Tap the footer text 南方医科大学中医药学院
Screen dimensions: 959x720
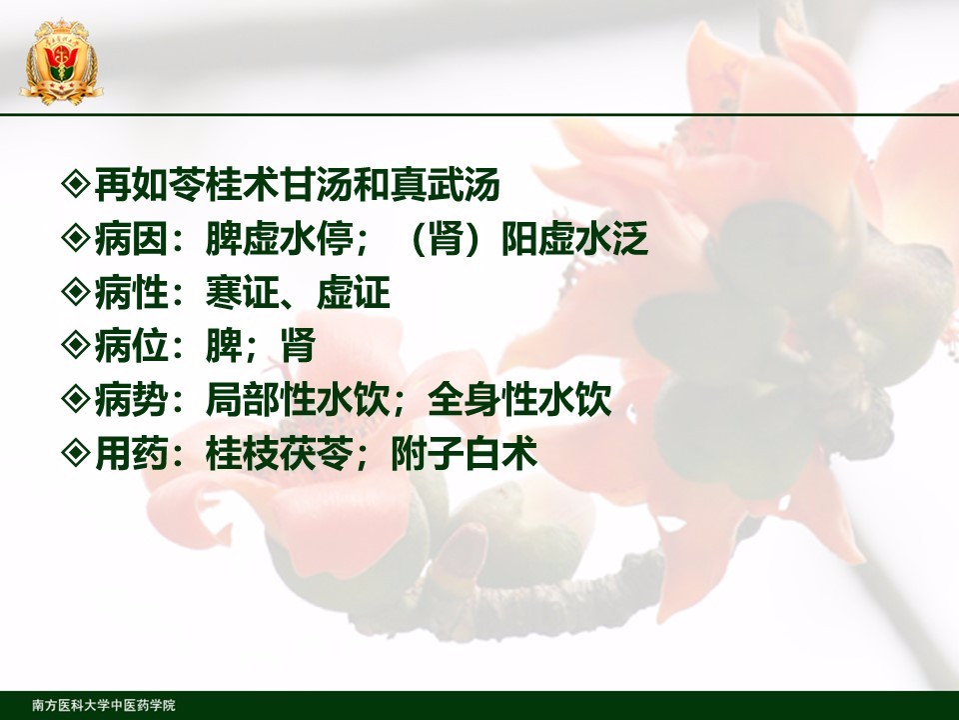(x=104, y=705)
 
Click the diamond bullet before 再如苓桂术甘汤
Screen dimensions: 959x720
(x=77, y=183)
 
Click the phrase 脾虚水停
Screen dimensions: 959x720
(x=279, y=238)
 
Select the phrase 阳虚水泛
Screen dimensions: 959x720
(x=575, y=238)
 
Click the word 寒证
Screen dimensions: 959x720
(x=242, y=291)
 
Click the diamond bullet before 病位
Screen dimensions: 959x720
(x=77, y=344)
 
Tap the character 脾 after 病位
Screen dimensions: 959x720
(x=224, y=345)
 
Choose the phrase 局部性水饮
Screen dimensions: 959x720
(x=298, y=399)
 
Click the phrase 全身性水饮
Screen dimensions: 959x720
(x=519, y=399)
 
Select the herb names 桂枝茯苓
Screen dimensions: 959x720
(x=279, y=453)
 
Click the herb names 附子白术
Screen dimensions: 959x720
(x=465, y=453)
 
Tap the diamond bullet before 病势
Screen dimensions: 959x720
(x=77, y=398)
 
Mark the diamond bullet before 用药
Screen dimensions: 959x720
(x=77, y=452)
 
